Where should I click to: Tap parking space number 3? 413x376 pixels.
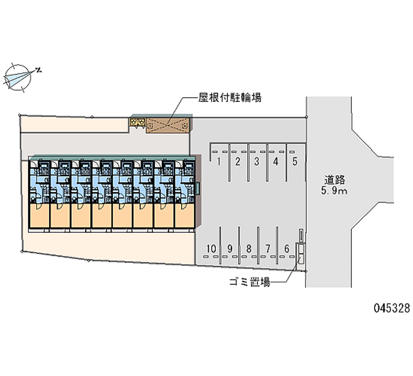pyautogui.click(x=257, y=161)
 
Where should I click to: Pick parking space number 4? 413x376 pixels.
pyautogui.click(x=276, y=161)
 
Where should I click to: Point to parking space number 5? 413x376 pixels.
pyautogui.click(x=294, y=161)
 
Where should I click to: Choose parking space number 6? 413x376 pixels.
pyautogui.click(x=287, y=248)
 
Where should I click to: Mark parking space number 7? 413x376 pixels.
pyautogui.click(x=267, y=248)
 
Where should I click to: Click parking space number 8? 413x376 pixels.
pyautogui.click(x=248, y=248)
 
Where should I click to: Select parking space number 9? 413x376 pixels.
pyautogui.click(x=230, y=248)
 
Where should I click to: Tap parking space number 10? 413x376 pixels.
pyautogui.click(x=210, y=248)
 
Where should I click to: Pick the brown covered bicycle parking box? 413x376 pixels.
pyautogui.click(x=168, y=125)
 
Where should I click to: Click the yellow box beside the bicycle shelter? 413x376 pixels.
pyautogui.click(x=137, y=122)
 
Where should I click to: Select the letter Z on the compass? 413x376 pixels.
pyautogui.click(x=39, y=69)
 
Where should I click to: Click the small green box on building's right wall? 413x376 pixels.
pyautogui.click(x=198, y=188)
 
